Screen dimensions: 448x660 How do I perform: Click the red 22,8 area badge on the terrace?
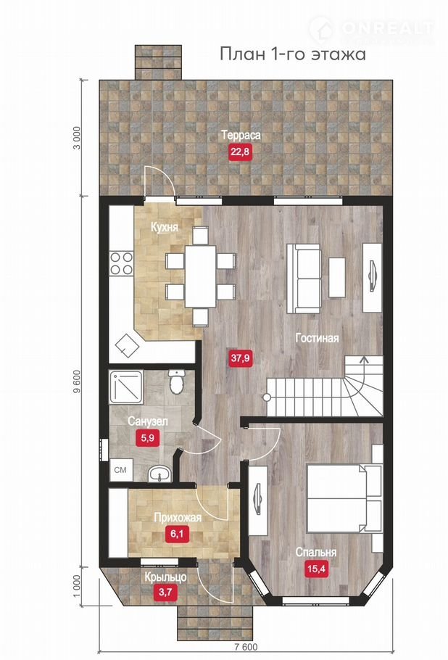[240, 152]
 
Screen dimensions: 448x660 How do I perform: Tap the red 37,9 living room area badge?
[240, 358]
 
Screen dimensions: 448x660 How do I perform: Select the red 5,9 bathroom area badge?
[147, 438]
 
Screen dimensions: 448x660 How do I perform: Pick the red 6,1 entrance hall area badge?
[177, 535]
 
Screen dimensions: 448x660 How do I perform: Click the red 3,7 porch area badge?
[165, 593]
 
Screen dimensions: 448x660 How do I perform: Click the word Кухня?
[165, 227]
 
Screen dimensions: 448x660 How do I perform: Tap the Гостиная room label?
[317, 338]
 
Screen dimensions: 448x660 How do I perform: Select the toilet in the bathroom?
[175, 381]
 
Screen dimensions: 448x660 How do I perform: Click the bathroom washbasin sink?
[159, 474]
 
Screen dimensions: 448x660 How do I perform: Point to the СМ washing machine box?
[121, 470]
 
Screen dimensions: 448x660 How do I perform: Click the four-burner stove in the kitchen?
[122, 263]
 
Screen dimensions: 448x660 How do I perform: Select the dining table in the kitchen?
[201, 276]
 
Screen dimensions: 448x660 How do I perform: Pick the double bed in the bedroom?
[344, 498]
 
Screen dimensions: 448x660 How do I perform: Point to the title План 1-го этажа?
[293, 54]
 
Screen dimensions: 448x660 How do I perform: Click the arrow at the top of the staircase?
[363, 361]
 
